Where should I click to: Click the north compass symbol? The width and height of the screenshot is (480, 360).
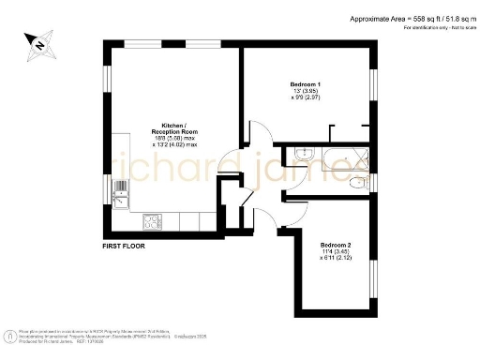point(40,42)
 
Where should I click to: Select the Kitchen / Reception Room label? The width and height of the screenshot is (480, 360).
point(174,128)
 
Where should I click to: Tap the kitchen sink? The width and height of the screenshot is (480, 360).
point(119,198)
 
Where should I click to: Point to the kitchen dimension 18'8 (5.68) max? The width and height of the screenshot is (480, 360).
point(174,138)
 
